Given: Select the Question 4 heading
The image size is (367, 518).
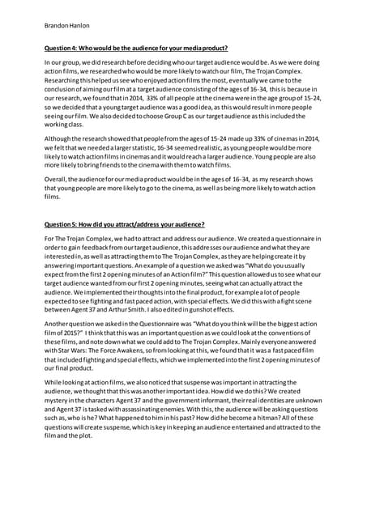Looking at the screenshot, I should (136, 48).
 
